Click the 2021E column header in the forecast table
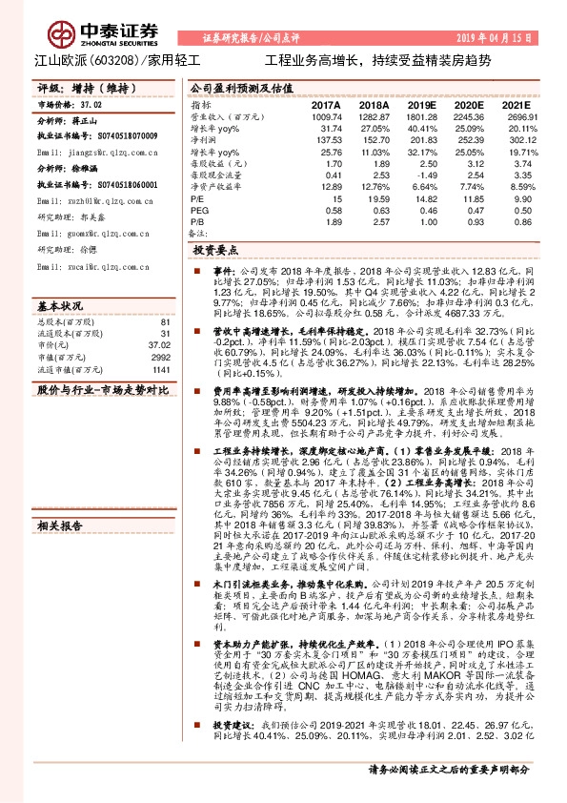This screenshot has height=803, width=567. (x=517, y=104)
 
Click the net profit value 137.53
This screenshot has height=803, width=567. (x=326, y=139)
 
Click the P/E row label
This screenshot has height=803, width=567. (x=198, y=198)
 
